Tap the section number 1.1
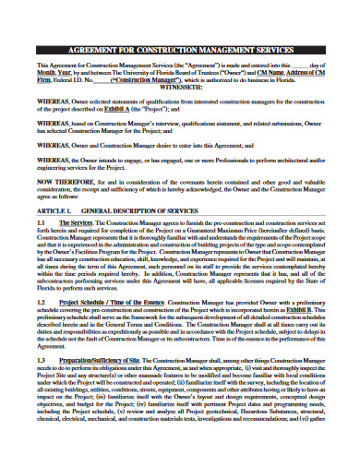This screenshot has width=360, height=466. [x=42, y=250]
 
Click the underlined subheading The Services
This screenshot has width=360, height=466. [x=75, y=250]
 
